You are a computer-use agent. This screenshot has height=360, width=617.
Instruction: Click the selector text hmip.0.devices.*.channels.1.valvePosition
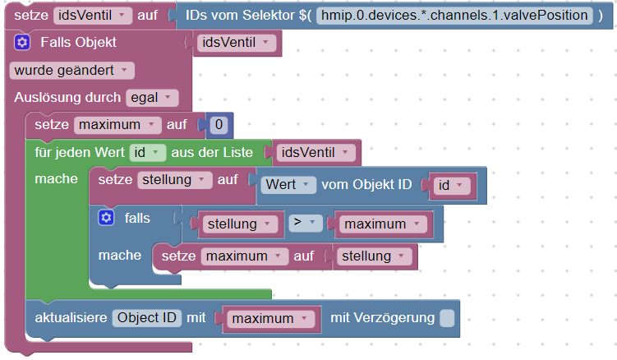click(454, 16)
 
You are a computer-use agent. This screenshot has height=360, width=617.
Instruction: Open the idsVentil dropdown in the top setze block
click(92, 16)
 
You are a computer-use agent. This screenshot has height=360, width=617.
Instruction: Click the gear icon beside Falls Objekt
click(22, 43)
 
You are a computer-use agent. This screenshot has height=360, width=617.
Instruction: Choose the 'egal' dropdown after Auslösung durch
click(151, 98)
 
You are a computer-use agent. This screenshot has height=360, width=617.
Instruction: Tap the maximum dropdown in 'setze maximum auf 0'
click(118, 125)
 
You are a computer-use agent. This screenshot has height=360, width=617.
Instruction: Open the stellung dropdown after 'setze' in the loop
click(173, 180)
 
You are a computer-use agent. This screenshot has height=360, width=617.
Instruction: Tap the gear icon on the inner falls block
click(105, 217)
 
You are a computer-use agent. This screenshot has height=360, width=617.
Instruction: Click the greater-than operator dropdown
click(304, 223)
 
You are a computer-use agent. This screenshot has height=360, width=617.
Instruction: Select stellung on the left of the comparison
click(237, 224)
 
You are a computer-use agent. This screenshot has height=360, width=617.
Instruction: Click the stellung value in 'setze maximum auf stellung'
click(372, 256)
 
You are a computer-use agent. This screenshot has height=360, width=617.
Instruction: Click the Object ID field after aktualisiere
click(148, 317)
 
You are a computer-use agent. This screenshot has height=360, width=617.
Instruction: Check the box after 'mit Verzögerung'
click(446, 318)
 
